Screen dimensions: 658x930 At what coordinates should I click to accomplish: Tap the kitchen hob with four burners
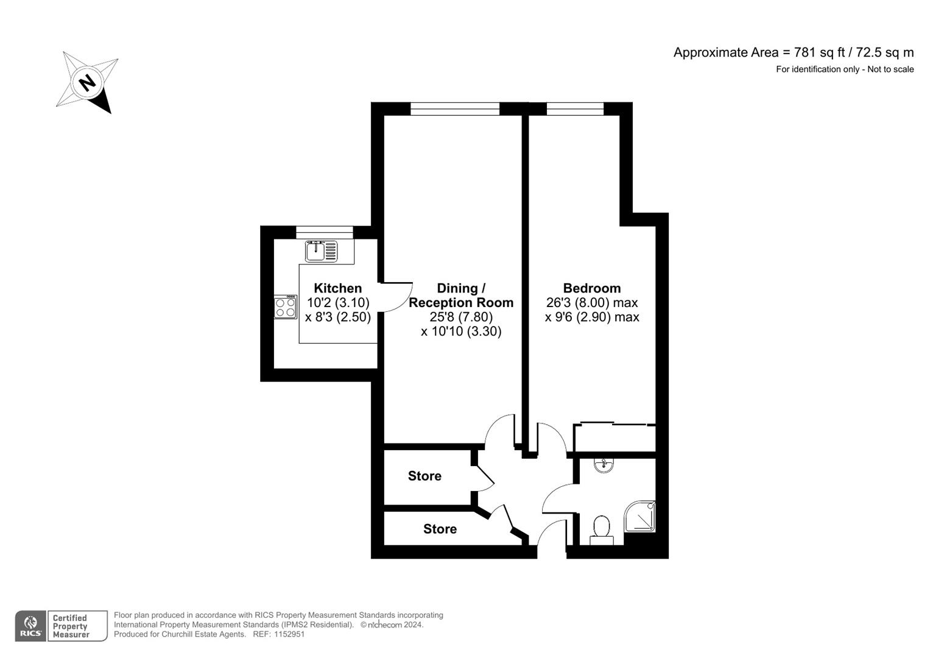tap(285, 306)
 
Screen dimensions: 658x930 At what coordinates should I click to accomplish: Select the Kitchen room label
tap(337, 288)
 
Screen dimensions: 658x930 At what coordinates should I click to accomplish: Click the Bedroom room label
tap(591, 288)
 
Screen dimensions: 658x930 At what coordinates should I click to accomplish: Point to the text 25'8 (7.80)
tap(460, 317)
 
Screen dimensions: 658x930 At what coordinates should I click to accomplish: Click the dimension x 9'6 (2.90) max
tap(591, 317)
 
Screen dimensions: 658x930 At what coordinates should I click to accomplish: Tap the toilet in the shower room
tap(601, 528)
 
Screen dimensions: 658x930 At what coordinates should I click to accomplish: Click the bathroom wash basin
tap(603, 465)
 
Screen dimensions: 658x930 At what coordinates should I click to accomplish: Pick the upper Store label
tap(424, 476)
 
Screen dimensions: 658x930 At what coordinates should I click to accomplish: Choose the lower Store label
tap(440, 529)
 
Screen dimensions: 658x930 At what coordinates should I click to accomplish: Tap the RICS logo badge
tap(30, 626)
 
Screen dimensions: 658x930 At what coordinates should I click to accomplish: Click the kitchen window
tap(324, 232)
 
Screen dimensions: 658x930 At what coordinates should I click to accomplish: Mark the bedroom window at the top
tap(574, 109)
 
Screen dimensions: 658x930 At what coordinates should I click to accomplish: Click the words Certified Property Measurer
tap(71, 626)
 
